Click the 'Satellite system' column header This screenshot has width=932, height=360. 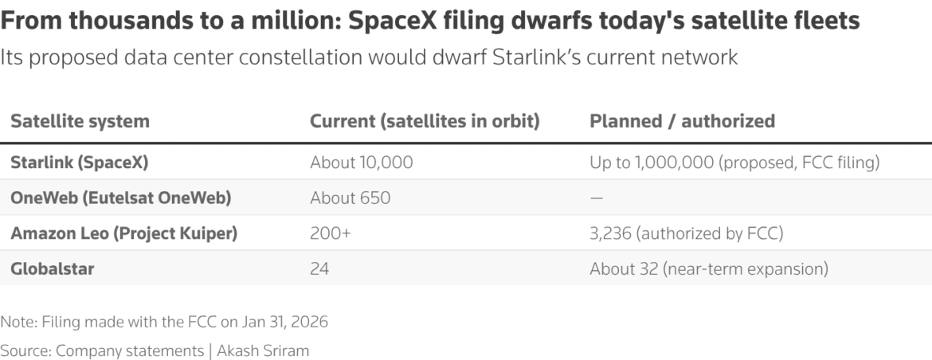click(x=80, y=122)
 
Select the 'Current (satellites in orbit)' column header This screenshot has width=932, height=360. click(x=425, y=122)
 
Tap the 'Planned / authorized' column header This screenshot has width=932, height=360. click(x=682, y=122)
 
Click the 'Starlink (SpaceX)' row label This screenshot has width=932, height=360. click(x=80, y=162)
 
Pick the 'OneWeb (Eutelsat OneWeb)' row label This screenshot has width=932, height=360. click(x=120, y=198)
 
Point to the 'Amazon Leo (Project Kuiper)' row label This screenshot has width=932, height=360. click(x=123, y=233)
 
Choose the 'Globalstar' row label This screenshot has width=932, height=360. click(x=53, y=269)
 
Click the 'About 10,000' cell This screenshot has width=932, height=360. click(x=362, y=162)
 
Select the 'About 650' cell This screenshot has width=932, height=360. click(x=350, y=198)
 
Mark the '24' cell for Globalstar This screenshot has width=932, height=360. click(x=319, y=269)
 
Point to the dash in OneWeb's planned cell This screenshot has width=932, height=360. click(x=597, y=198)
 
